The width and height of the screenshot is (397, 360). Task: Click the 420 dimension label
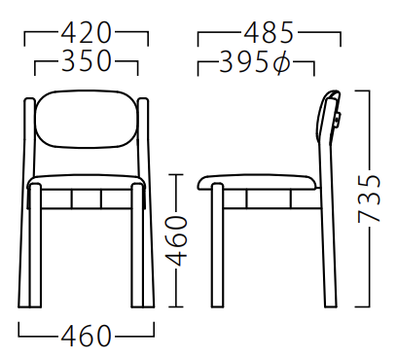(87, 33)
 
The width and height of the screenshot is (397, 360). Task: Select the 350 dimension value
(87, 60)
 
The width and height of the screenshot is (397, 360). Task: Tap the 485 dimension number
(269, 33)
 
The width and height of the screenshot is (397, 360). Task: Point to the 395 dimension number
(244, 61)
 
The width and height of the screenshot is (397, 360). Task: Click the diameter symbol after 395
(281, 61)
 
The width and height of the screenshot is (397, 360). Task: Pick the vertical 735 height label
(369, 198)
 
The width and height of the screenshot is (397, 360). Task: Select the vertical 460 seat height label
(177, 241)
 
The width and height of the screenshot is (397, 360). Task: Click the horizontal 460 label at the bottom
(87, 336)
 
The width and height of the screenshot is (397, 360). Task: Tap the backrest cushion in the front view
(88, 119)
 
